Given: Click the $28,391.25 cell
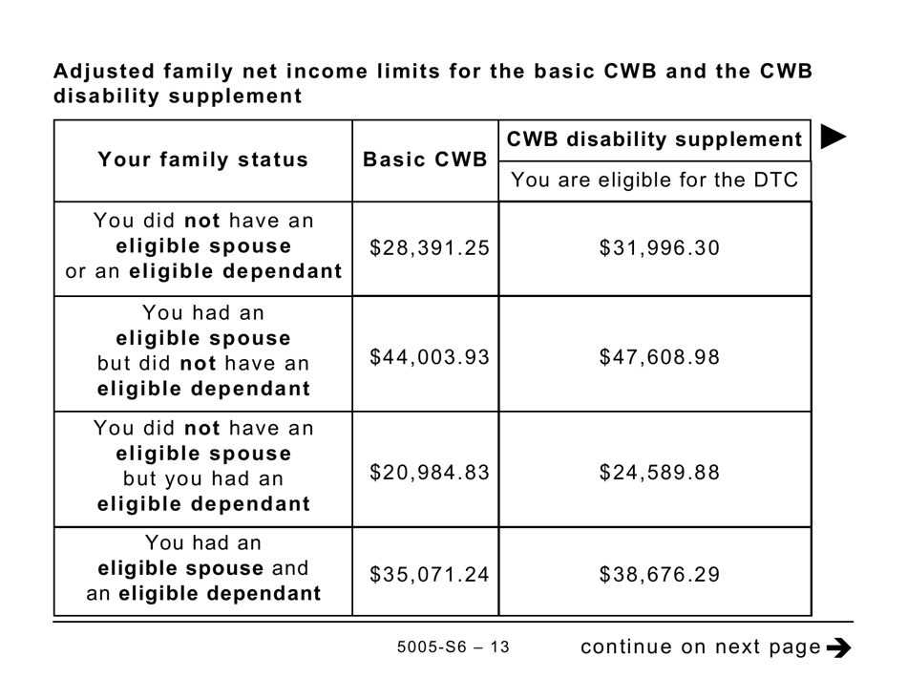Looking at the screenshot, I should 429,248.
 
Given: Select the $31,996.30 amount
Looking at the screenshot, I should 660,248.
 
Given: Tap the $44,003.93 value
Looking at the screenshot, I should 429,357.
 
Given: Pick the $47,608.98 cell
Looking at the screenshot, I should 660,357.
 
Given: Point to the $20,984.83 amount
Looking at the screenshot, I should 429,473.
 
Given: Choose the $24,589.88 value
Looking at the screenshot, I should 660,473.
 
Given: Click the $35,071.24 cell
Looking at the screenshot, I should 429,575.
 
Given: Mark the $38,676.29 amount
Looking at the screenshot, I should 660,575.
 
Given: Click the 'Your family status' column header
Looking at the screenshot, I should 203,160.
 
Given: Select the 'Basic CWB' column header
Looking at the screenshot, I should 425,160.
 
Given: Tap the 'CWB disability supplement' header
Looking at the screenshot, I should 654,140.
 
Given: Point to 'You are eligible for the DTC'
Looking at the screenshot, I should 654,180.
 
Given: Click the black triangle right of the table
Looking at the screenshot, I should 833,138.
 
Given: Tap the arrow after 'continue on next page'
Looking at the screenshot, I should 838,648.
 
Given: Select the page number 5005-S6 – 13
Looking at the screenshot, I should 453,647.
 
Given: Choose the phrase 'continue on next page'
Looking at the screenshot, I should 700,647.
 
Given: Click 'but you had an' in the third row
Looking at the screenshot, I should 203,479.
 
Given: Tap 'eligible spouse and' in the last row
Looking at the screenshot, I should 203,568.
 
